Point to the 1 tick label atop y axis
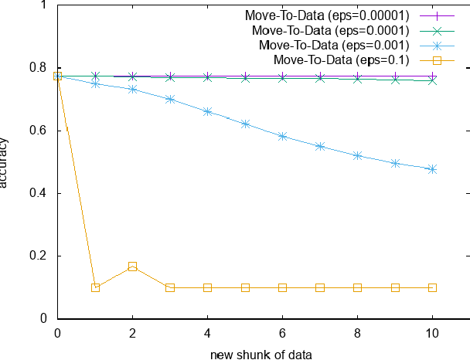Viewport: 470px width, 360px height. pyautogui.click(x=43, y=5)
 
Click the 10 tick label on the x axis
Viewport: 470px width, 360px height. pyautogui.click(x=432, y=334)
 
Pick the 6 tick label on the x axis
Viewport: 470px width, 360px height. pyautogui.click(x=282, y=334)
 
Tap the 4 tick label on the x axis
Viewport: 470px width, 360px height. pyautogui.click(x=207, y=334)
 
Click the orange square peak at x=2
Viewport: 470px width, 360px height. pyautogui.click(x=132, y=267)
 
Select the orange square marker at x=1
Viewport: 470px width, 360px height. pyautogui.click(x=95, y=287)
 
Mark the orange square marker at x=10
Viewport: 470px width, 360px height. pyautogui.click(x=432, y=287)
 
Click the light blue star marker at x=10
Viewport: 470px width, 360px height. pyautogui.click(x=432, y=168)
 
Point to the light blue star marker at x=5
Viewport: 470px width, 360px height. pyautogui.click(x=245, y=124)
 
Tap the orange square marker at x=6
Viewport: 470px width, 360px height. pyautogui.click(x=282, y=287)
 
